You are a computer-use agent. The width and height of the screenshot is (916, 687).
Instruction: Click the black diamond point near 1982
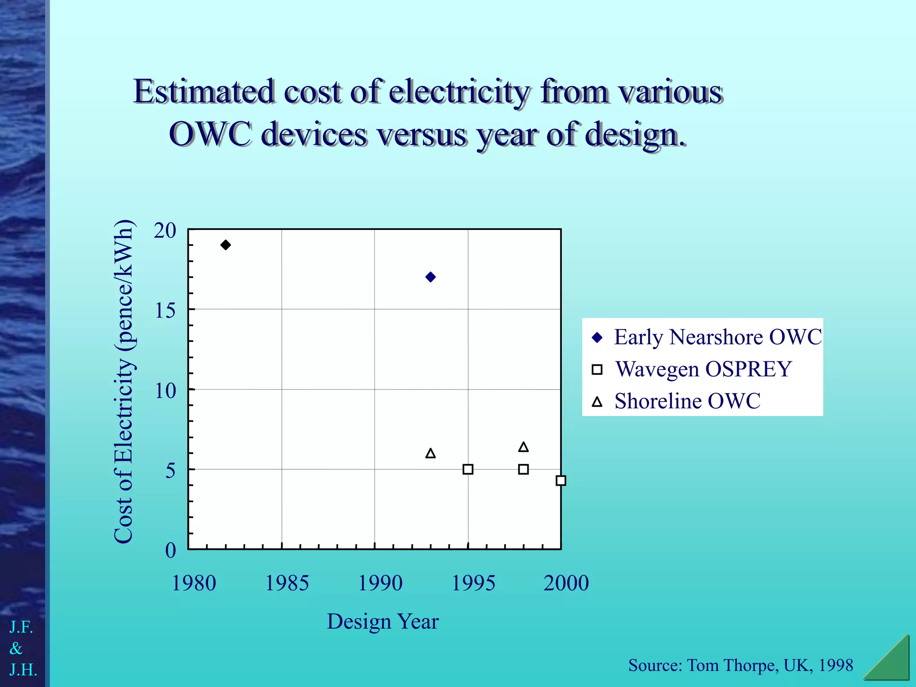tap(226, 245)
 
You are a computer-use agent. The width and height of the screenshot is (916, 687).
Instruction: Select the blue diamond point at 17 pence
tap(431, 277)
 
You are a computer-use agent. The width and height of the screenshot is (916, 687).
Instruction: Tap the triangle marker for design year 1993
tap(431, 454)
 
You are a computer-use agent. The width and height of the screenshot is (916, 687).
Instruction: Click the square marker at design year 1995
tap(468, 469)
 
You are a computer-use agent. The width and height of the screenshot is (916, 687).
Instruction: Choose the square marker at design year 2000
tap(561, 481)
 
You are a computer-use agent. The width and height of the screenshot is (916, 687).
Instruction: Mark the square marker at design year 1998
tap(523, 469)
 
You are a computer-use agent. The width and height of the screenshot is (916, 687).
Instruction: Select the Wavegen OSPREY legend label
tap(703, 369)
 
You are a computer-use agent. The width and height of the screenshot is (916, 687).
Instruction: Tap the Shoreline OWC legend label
tap(687, 401)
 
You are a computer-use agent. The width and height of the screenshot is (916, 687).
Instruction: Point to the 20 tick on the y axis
tap(165, 231)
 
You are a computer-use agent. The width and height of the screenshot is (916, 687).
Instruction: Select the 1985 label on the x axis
tap(287, 583)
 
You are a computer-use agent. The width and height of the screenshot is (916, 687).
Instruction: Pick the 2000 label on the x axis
tap(566, 583)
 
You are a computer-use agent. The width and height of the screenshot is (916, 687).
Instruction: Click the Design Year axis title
tap(383, 622)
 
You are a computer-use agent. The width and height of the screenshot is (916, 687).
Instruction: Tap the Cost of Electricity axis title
tap(124, 382)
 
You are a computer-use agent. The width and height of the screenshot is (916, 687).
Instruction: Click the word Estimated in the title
tap(204, 92)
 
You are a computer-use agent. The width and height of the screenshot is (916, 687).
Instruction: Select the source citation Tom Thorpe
tap(740, 666)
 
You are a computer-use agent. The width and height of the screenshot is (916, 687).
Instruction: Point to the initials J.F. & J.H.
tap(22, 649)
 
